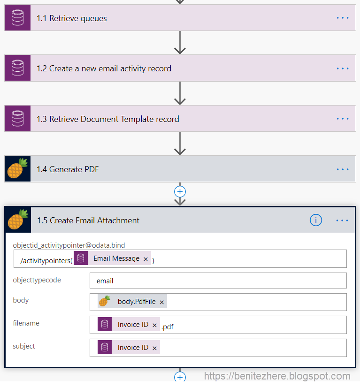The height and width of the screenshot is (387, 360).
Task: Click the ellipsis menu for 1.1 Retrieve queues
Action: pyautogui.click(x=343, y=18)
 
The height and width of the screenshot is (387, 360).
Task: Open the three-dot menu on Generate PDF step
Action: pyautogui.click(x=343, y=169)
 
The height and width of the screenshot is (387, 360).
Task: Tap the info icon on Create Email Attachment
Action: pyautogui.click(x=316, y=220)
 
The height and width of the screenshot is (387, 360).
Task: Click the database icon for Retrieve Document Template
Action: pyautogui.click(x=18, y=119)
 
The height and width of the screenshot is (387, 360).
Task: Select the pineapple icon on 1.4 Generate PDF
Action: pyautogui.click(x=18, y=169)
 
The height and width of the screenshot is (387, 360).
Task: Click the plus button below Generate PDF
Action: pyautogui.click(x=180, y=191)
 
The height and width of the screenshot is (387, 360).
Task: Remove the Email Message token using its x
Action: pyautogui.click(x=146, y=259)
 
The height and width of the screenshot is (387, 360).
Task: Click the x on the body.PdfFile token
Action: pyautogui.click(x=162, y=303)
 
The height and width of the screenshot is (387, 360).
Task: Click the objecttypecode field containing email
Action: pyautogui.click(x=218, y=281)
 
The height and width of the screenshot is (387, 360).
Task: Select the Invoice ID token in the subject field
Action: pyautogui.click(x=133, y=348)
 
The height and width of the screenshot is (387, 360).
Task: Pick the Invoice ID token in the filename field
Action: pyautogui.click(x=133, y=325)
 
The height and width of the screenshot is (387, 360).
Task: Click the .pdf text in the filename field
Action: pyautogui.click(x=168, y=327)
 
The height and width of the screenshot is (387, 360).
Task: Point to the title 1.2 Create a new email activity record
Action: pyautogui.click(x=104, y=68)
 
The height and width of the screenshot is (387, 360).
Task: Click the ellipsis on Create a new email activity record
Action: pyautogui.click(x=343, y=68)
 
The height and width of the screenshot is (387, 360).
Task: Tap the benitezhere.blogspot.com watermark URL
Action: pyautogui.click(x=277, y=376)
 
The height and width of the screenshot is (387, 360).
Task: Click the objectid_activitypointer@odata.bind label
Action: pyautogui.click(x=69, y=245)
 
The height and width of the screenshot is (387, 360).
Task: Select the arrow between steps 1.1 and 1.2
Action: pyautogui.click(x=180, y=43)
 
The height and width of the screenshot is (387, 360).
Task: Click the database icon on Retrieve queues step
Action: pyautogui.click(x=18, y=18)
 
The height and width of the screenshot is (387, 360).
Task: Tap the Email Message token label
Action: pyautogui.click(x=116, y=258)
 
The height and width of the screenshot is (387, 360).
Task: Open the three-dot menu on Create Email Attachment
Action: pyautogui.click(x=343, y=220)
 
